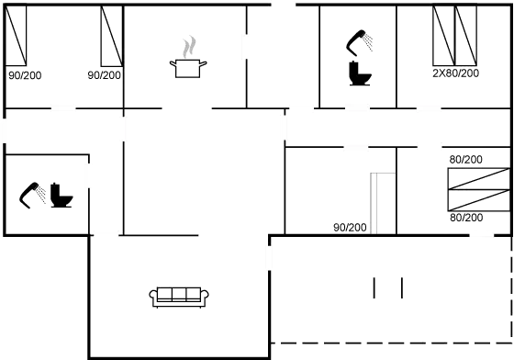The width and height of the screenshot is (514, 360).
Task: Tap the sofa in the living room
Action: [180, 295]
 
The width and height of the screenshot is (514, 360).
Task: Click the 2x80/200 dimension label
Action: [456, 73]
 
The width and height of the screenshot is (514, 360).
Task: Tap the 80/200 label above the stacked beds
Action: [466, 160]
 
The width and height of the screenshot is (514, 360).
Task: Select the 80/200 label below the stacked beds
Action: [466, 218]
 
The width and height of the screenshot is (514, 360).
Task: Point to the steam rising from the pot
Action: [189, 45]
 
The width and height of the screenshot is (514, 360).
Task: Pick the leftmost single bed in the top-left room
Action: [17, 37]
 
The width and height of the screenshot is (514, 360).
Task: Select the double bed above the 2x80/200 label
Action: [456, 36]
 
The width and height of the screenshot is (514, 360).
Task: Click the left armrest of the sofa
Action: [154, 295]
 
